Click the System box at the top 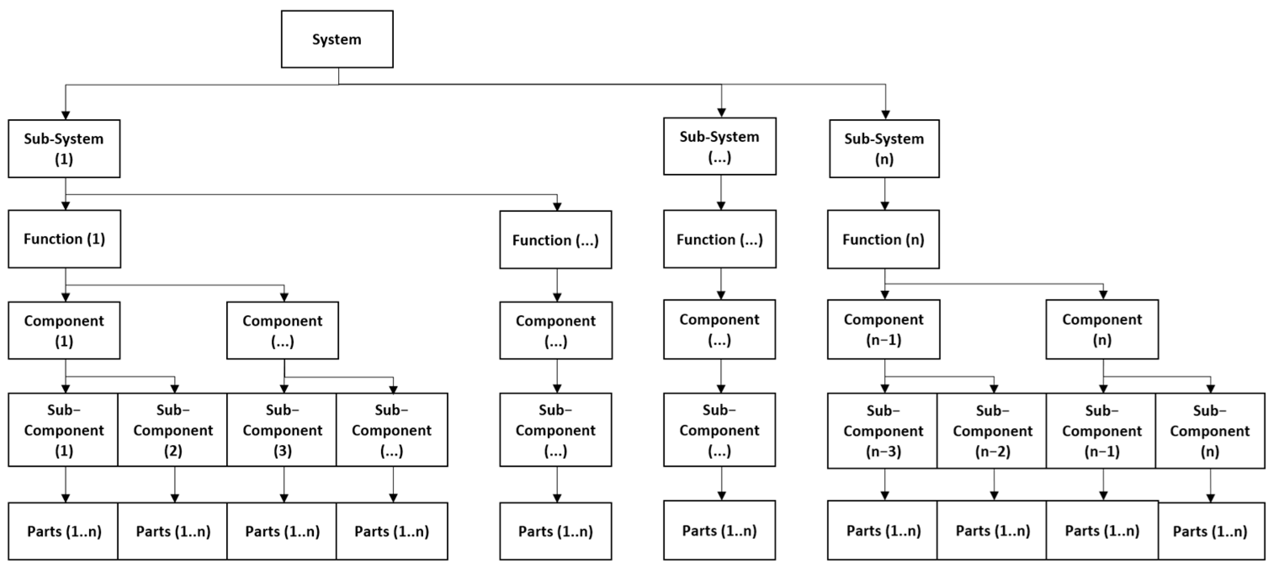[337, 39]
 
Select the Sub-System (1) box [64, 149]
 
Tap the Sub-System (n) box [884, 149]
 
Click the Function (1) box [64, 239]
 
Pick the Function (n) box [883, 240]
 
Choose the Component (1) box [64, 331]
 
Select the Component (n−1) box [883, 329]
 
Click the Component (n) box [1102, 329]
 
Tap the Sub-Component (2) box [173, 430]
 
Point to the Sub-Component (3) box [282, 430]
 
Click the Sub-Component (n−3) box [883, 431]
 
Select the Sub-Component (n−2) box [992, 431]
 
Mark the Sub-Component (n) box [1210, 431]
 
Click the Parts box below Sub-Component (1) [64, 531]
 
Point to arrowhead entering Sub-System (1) [65, 115]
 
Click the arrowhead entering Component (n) [1103, 295]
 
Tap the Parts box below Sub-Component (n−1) [1102, 531]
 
